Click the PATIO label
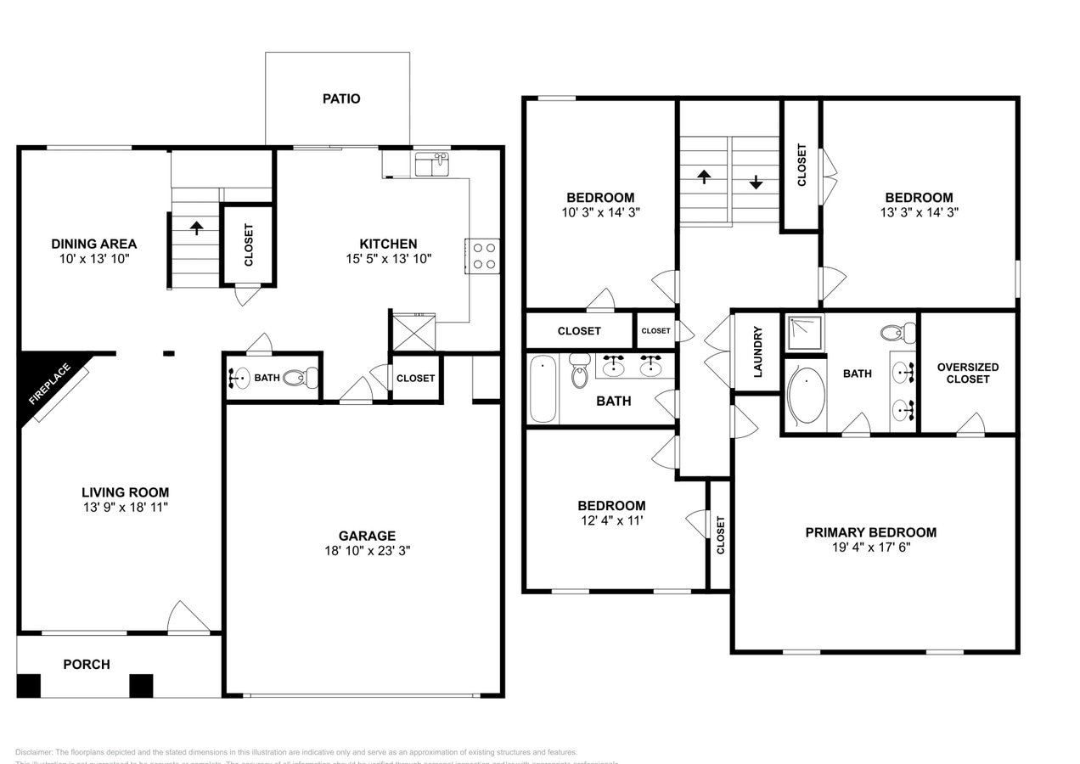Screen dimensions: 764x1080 click(x=341, y=98)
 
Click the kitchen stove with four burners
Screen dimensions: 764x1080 click(x=484, y=256)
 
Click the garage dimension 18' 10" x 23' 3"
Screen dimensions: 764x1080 click(x=367, y=550)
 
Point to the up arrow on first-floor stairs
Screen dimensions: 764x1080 click(x=196, y=228)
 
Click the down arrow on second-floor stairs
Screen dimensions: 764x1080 click(x=756, y=183)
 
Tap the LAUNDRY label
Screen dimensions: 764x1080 click(x=757, y=351)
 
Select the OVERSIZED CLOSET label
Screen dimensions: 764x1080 click(x=968, y=373)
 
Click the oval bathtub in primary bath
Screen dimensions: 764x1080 click(x=806, y=396)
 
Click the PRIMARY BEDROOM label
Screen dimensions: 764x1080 click(x=870, y=532)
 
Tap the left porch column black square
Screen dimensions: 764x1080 click(x=29, y=685)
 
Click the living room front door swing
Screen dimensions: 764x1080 click(x=187, y=617)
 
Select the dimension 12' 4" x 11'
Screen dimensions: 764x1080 click(x=612, y=520)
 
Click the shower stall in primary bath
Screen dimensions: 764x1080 click(x=804, y=333)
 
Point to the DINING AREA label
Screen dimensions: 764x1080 click(x=93, y=244)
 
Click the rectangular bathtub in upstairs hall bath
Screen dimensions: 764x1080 click(x=543, y=389)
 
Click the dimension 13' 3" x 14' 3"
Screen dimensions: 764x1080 click(x=916, y=212)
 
